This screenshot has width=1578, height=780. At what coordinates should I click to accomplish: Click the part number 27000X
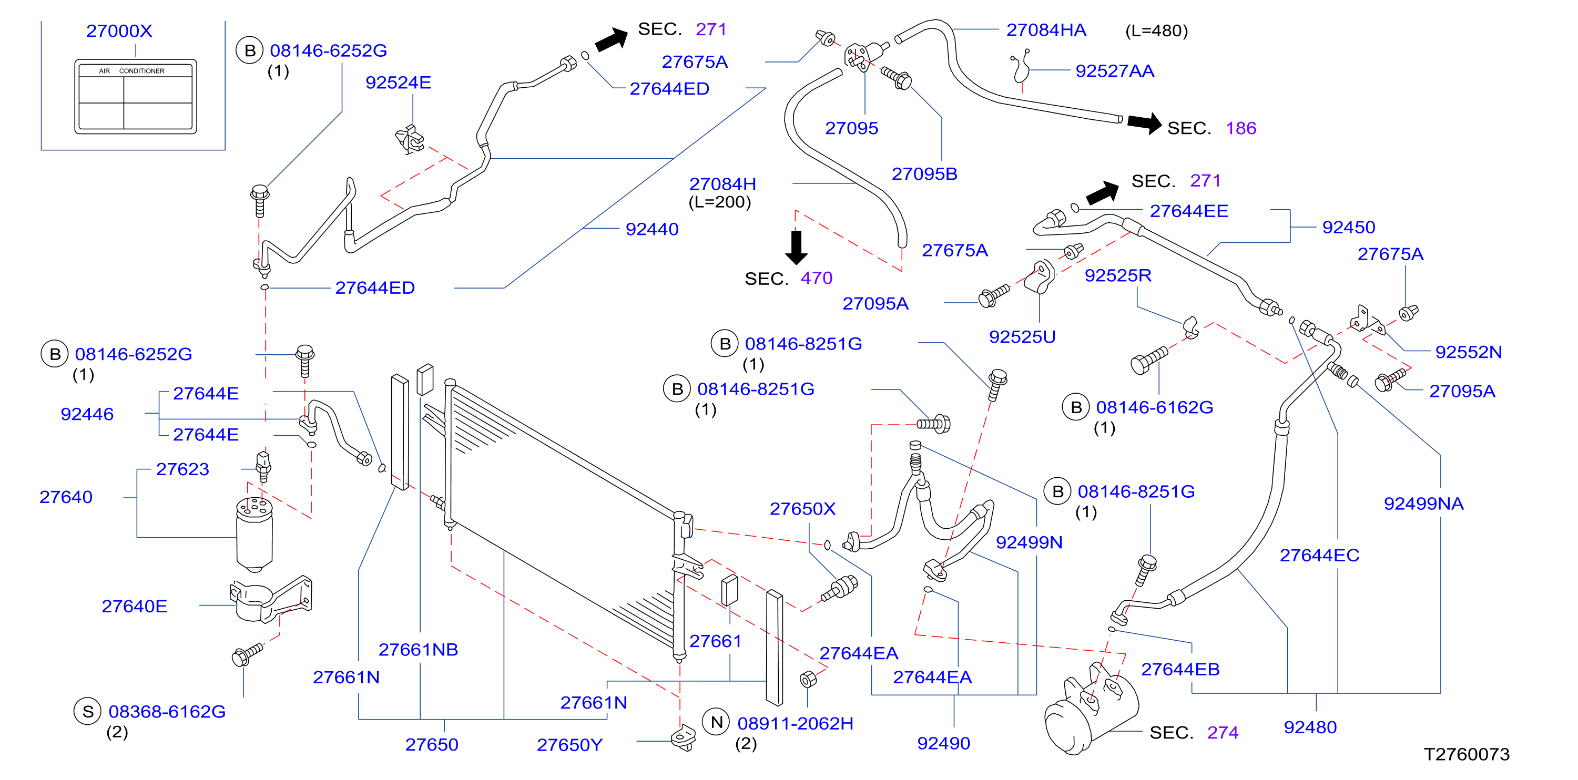(x=119, y=30)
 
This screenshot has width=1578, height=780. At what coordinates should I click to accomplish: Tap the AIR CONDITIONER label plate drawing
(x=135, y=96)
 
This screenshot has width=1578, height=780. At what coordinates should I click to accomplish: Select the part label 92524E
(x=398, y=82)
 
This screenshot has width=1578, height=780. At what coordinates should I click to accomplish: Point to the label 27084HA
(x=1046, y=29)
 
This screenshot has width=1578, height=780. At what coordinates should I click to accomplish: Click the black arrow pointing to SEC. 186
(x=1144, y=123)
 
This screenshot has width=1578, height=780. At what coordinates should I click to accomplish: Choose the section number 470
(x=817, y=278)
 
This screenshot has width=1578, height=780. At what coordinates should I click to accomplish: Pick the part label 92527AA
(x=1115, y=71)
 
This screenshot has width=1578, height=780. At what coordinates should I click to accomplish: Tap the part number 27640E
(x=134, y=606)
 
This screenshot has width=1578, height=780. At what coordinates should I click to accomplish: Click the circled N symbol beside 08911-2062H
(x=717, y=723)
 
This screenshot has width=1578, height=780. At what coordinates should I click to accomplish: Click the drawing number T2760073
(x=1467, y=754)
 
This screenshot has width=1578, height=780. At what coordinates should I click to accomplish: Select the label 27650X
(x=802, y=509)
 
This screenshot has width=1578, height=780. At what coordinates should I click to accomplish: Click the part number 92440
(x=652, y=229)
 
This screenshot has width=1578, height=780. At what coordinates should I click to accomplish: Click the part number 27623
(x=182, y=469)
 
